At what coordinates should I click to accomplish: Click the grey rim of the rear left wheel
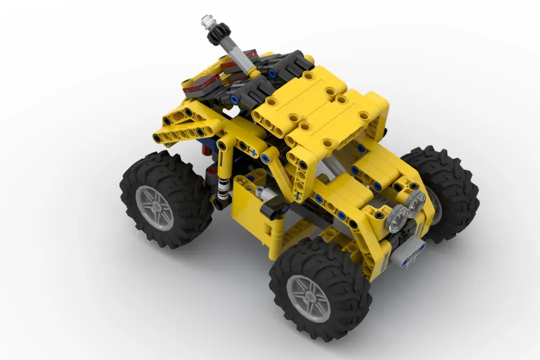point(154,207)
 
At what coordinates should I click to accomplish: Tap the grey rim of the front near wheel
point(308,298)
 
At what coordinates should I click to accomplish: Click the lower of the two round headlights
point(398,219)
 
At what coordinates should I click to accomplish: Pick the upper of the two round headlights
point(416,202)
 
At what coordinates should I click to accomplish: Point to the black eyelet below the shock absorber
point(218,204)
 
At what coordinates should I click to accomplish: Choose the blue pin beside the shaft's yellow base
point(271,73)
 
